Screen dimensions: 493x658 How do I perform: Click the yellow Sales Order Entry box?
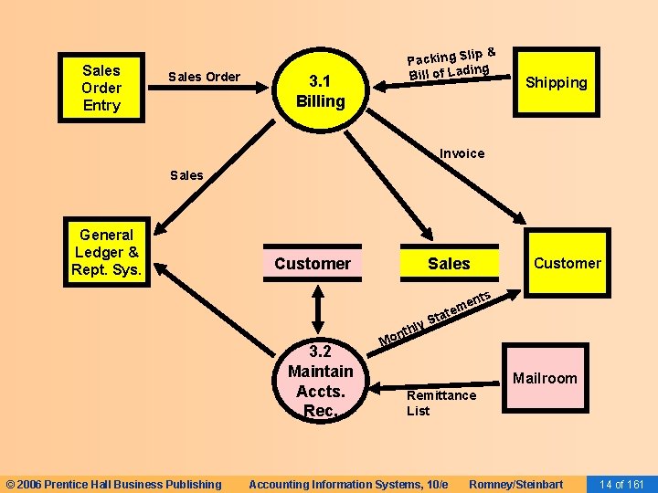coord(101,88)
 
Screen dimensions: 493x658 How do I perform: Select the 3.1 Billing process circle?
coord(320,91)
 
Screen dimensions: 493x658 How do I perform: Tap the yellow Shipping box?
coord(557,83)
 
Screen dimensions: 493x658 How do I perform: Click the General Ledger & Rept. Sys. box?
coord(106,253)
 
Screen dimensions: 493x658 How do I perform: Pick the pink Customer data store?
coord(313,264)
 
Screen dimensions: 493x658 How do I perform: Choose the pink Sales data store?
coord(449,264)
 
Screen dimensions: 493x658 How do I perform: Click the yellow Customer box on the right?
coord(567,264)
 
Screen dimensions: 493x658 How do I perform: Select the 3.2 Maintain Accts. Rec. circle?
coord(320,381)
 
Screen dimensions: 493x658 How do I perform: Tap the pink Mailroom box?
coord(545,378)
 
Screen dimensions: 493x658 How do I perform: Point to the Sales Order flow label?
coord(205,77)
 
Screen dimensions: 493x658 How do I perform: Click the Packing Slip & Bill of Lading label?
coord(451,62)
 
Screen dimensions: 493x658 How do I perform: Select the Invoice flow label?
coord(462,153)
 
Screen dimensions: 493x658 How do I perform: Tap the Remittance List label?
coord(441,403)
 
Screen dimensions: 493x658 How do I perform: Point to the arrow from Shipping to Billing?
coord(448,82)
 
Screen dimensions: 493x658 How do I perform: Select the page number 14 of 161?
coord(622,484)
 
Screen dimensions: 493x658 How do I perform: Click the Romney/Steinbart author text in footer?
coord(515,484)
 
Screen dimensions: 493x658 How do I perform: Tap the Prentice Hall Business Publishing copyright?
coord(113,484)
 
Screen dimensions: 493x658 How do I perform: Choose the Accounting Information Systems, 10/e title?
coord(348,484)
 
